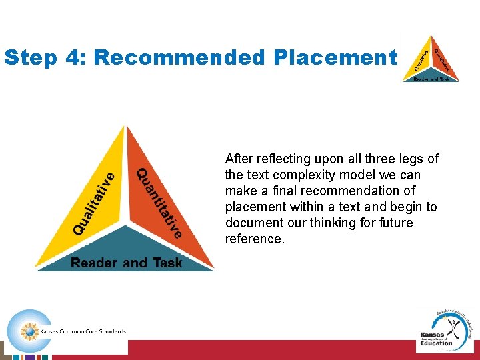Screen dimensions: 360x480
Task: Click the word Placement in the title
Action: coord(335,58)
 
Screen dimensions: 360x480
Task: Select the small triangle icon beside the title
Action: coord(431,59)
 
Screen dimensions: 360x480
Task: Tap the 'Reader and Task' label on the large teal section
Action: coord(126,263)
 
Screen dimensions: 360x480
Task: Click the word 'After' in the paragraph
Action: coord(239,159)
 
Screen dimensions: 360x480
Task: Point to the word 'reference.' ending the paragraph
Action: coord(255,239)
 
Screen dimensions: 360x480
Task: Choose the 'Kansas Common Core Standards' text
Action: coord(83,331)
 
